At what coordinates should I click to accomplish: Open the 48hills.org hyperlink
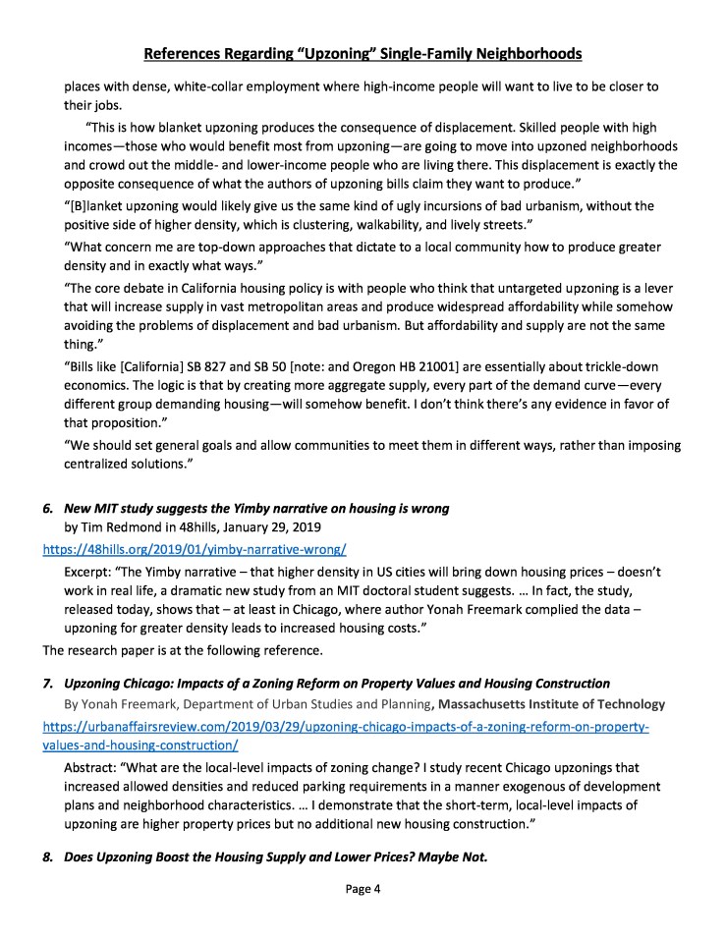(x=194, y=549)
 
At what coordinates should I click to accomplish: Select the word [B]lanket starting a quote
(x=99, y=206)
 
